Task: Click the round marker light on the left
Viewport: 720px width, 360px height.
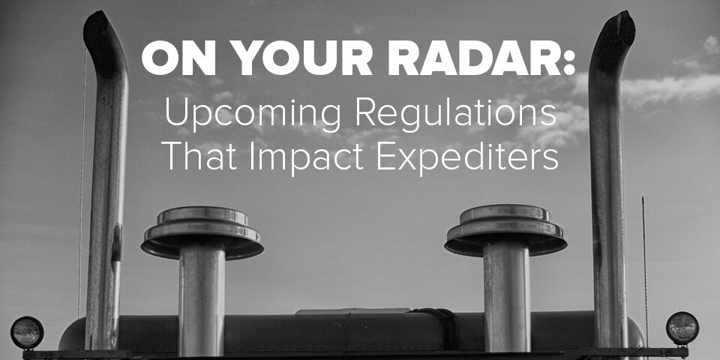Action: pos(27,332)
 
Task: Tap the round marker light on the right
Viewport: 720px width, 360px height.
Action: pos(682,328)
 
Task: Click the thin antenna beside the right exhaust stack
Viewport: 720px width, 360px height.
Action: pos(645,262)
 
